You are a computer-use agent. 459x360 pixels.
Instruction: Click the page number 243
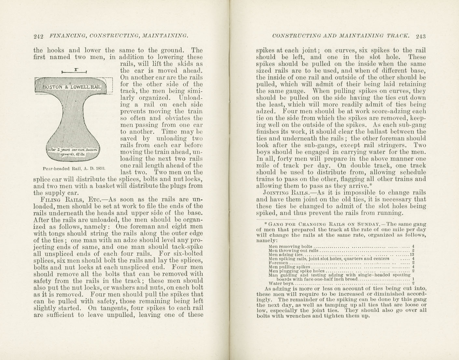(420, 36)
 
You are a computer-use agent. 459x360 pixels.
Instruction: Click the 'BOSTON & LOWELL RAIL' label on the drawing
(72, 87)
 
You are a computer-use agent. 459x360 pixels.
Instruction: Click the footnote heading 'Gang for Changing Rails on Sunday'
(321, 224)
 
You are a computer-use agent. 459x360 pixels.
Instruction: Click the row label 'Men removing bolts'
(290, 246)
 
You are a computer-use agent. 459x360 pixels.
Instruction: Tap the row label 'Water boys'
(279, 283)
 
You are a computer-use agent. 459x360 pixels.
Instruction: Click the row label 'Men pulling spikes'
(288, 267)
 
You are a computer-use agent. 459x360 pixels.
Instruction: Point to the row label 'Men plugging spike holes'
(297, 271)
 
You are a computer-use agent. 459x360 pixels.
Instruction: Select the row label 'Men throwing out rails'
(293, 251)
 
